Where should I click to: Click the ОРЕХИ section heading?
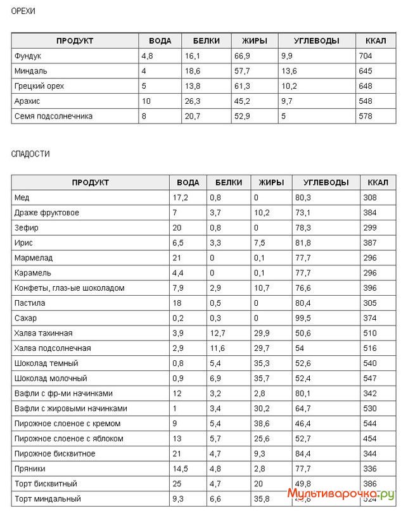point(23,11)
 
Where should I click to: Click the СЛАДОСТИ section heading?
point(30,154)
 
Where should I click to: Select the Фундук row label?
point(28,56)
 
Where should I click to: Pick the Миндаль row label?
point(30,71)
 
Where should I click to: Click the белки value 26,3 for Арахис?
point(193,101)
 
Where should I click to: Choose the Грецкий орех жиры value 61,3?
point(242,86)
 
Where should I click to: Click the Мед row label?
point(22,198)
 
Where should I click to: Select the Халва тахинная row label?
point(43,333)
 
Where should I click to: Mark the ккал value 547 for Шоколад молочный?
point(370,378)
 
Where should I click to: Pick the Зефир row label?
point(25,227)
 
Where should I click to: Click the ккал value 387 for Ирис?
point(370,243)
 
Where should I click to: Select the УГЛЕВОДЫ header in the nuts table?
point(316,41)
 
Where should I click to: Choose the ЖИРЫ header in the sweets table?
point(271,182)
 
